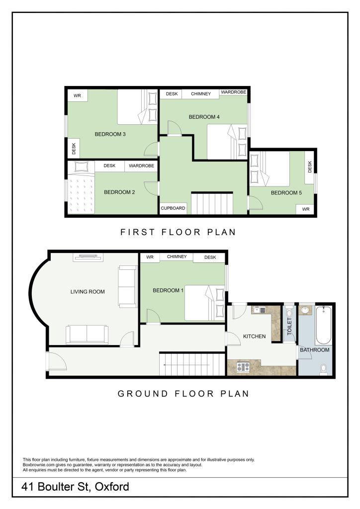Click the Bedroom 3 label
coord(110,134)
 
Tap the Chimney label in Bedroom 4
coord(200,94)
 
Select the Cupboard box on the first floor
coord(173,208)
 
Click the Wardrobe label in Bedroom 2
coord(141,166)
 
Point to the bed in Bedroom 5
coord(270,169)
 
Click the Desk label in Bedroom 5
coord(310,167)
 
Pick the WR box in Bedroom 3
coord(77,95)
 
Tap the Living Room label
coord(88,291)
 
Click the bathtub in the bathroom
coord(323,325)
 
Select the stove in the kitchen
coord(243,367)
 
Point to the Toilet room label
coord(289,326)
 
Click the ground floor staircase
coord(192,364)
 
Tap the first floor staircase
coord(212,203)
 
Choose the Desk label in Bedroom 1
coord(210,257)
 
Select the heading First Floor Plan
coord(178,232)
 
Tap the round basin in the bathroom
coord(305,311)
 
